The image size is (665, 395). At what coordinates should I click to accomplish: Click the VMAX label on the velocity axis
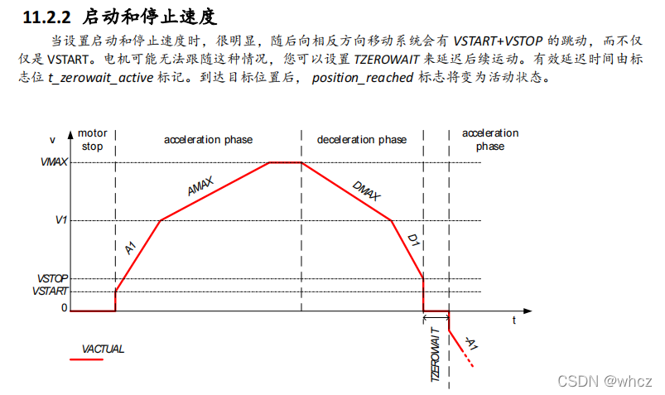54,162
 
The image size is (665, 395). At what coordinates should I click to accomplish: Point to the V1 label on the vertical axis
60,220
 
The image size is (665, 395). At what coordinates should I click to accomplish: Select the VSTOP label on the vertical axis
51,278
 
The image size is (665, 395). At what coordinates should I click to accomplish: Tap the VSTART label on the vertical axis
51,291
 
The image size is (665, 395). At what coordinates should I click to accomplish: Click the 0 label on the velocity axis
63,308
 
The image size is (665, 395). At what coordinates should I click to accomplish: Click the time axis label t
513,319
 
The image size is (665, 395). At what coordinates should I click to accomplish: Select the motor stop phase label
92,139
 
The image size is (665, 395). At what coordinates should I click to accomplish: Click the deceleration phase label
362,139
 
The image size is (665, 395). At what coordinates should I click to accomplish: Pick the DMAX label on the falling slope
365,190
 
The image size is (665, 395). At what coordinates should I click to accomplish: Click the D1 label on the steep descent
412,240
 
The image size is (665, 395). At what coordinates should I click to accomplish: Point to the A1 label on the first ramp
129,248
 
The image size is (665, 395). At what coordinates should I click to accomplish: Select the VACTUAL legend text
103,349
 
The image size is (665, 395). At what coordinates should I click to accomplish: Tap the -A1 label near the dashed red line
470,341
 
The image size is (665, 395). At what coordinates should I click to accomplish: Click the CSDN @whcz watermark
605,380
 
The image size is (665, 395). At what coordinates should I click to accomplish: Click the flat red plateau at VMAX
285,162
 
